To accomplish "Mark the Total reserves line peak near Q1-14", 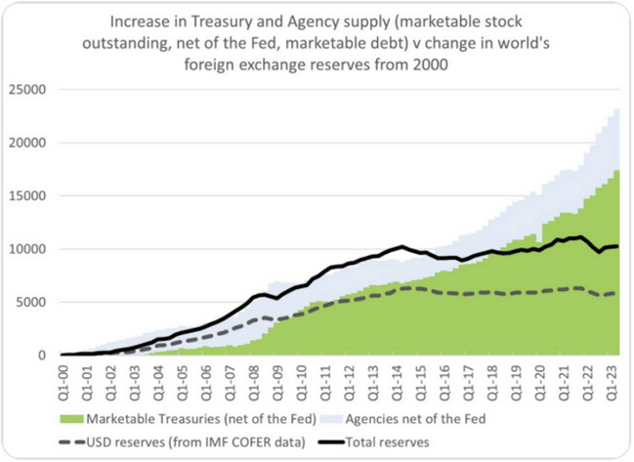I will coord(402,246).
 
